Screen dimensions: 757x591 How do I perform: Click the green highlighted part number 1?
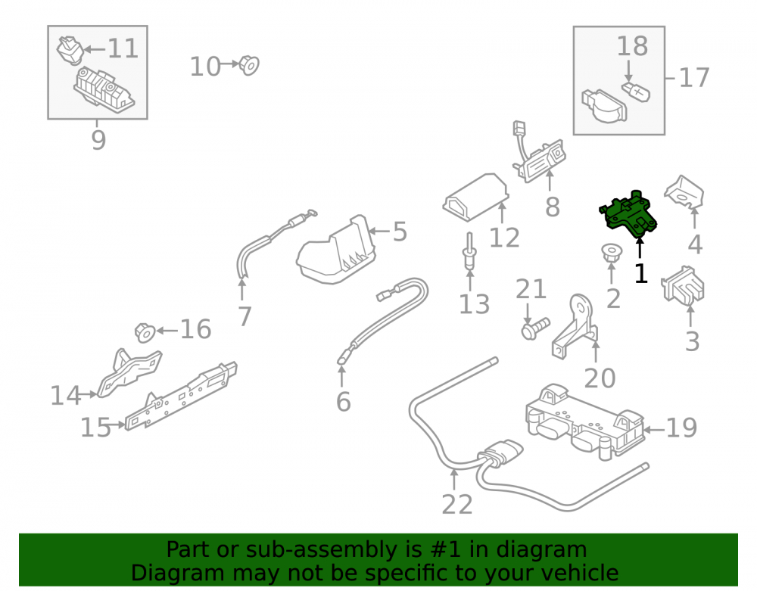628,214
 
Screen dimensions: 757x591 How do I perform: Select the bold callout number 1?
640,273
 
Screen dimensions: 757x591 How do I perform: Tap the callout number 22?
456,505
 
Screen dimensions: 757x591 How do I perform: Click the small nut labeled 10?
249,65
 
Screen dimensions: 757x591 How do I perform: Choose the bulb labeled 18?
635,91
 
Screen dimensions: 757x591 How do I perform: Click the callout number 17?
693,78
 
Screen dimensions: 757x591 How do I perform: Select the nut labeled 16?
145,332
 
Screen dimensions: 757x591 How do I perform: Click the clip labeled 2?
611,253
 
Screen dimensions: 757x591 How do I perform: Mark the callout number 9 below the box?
98,141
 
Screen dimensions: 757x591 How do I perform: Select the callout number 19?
681,428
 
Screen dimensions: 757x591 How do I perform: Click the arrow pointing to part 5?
379,231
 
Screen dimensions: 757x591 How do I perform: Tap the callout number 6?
343,402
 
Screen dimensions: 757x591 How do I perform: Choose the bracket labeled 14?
129,372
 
